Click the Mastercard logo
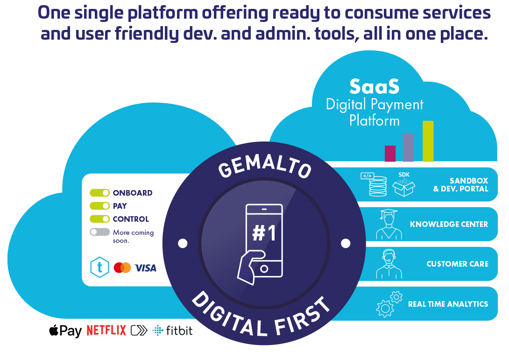click(x=122, y=268)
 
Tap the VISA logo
click(x=145, y=268)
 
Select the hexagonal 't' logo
click(x=99, y=267)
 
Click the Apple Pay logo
click(x=65, y=331)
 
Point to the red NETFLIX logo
click(x=106, y=331)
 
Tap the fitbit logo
click(x=173, y=331)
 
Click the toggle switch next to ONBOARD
click(x=99, y=193)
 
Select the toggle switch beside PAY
click(x=99, y=206)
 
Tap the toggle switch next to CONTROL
click(x=99, y=219)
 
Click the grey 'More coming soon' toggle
click(x=99, y=232)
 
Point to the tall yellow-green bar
click(x=428, y=141)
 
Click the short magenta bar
click(x=390, y=154)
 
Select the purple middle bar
click(x=408, y=148)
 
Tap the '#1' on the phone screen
click(x=264, y=233)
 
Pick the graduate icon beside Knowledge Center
click(x=389, y=224)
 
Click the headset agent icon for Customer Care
click(x=389, y=264)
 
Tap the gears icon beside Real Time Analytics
click(x=389, y=304)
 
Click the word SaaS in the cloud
click(x=375, y=86)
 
